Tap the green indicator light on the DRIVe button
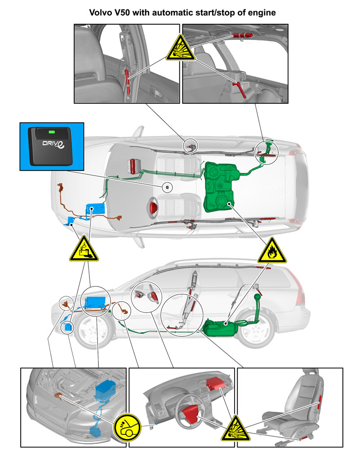pos(52,132)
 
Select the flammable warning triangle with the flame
pos(272,252)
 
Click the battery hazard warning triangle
pos(84,250)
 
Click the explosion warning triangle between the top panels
pos(180,49)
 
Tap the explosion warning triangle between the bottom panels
pos(236,429)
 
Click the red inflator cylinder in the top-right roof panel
pos(242,36)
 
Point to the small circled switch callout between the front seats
pos(167,188)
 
